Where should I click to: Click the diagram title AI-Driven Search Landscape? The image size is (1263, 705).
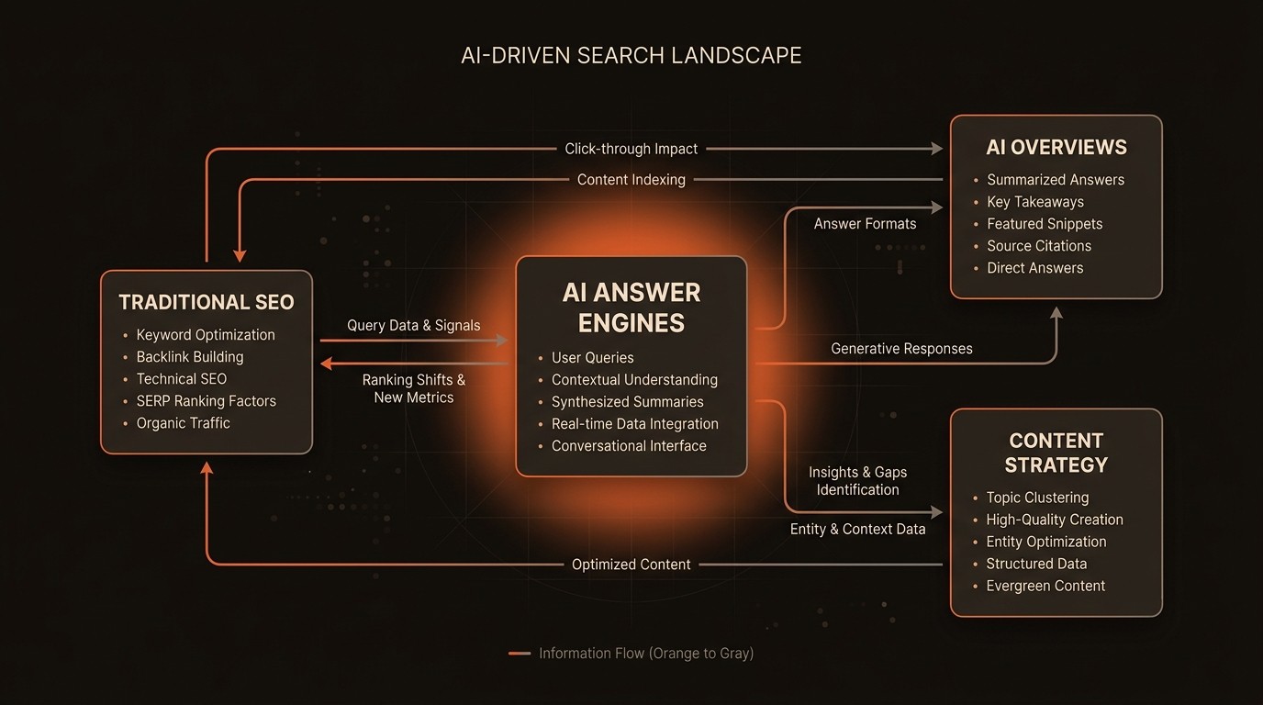click(631, 56)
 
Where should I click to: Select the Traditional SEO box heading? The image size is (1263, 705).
click(207, 302)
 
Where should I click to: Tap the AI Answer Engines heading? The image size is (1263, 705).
click(631, 308)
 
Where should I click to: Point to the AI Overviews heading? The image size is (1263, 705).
click(1056, 147)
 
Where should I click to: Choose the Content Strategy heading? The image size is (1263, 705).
click(1056, 453)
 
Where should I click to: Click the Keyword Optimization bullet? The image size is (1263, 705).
click(206, 335)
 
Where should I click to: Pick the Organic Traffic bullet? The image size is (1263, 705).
click(184, 423)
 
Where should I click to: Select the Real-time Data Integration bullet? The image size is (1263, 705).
click(634, 424)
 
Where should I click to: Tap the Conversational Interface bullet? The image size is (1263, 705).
click(629, 446)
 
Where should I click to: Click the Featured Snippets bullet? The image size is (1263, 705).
click(1045, 224)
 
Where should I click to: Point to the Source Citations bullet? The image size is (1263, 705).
click(1039, 246)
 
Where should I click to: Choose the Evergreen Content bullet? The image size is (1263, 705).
click(1045, 586)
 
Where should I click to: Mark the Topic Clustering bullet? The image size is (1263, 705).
click(1037, 498)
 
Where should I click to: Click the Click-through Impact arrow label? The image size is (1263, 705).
click(631, 149)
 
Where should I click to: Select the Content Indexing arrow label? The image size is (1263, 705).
click(631, 180)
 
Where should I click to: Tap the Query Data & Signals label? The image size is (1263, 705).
click(414, 326)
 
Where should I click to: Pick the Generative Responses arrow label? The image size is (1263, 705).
click(901, 349)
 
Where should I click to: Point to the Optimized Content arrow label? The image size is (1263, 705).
click(631, 565)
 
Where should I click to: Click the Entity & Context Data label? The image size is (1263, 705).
click(858, 529)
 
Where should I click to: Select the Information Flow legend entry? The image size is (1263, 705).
click(645, 654)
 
